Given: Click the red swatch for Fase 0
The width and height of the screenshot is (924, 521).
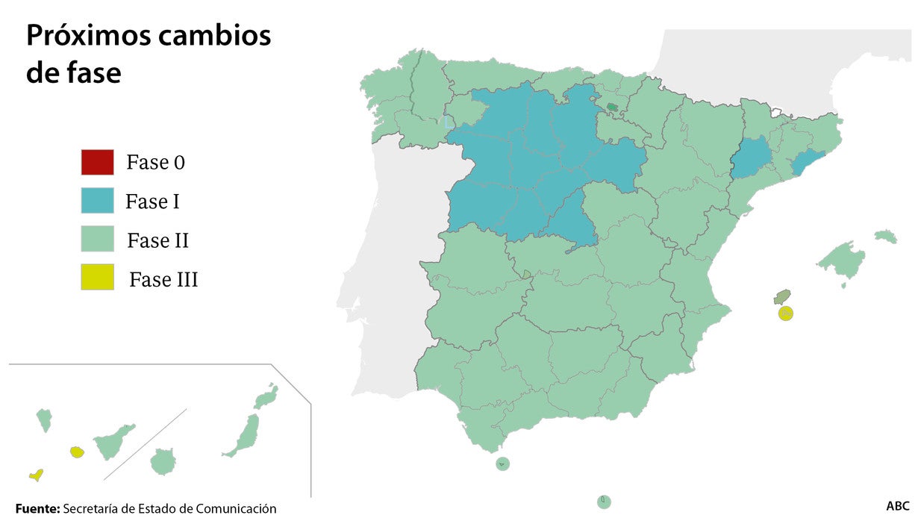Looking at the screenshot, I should tap(97, 162).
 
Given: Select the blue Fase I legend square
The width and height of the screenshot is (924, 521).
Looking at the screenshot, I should tap(97, 201).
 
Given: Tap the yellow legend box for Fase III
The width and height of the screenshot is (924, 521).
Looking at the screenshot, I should tap(97, 278).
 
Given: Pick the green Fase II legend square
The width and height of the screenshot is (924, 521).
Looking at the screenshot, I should tap(97, 240).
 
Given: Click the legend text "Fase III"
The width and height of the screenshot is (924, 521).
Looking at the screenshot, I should tap(163, 280).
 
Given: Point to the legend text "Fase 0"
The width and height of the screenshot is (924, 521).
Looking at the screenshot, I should tap(155, 163).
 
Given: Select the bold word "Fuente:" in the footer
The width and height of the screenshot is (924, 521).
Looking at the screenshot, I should tap(37, 509).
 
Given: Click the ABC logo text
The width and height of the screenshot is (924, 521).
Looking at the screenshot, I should tap(898, 506).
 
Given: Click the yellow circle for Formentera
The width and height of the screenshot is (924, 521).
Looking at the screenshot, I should tap(785, 313).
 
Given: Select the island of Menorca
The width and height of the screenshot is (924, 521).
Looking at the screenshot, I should tap(886, 237).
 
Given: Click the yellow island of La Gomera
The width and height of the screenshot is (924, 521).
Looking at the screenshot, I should tap(77, 452).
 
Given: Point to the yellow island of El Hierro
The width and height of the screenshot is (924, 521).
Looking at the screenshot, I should tap(35, 475).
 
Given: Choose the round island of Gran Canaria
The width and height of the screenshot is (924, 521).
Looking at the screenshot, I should tap(163, 461).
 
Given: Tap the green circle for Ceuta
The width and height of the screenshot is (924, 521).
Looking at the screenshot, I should tap(502, 464).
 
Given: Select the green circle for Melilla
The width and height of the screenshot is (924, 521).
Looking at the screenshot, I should tap(604, 502).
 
